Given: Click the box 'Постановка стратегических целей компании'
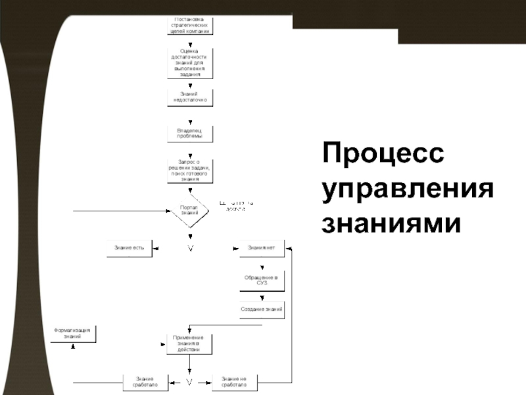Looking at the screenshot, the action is (x=190, y=26).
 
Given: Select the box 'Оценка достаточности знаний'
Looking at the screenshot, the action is (x=190, y=63).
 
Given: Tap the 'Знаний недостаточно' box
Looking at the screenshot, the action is (x=190, y=97).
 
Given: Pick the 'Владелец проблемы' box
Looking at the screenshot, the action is (x=190, y=133).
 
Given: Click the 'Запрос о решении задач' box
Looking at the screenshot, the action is (x=190, y=170).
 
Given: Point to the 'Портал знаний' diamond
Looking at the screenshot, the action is (x=189, y=210).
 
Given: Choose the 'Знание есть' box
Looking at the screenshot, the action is (x=129, y=248).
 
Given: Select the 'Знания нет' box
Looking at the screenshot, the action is (x=261, y=248).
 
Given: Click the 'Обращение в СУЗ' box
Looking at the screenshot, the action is (x=261, y=281).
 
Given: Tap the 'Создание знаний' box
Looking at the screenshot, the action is (x=262, y=309).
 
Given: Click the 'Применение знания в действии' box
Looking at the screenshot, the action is (x=190, y=344).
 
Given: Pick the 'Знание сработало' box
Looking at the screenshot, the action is (x=145, y=381).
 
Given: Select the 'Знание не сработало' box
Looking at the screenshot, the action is (x=234, y=381).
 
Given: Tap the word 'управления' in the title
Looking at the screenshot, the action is (x=407, y=191).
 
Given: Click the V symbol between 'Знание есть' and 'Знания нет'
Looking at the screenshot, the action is (x=190, y=248).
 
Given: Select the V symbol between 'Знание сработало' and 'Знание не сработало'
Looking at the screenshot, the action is (x=189, y=381).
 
